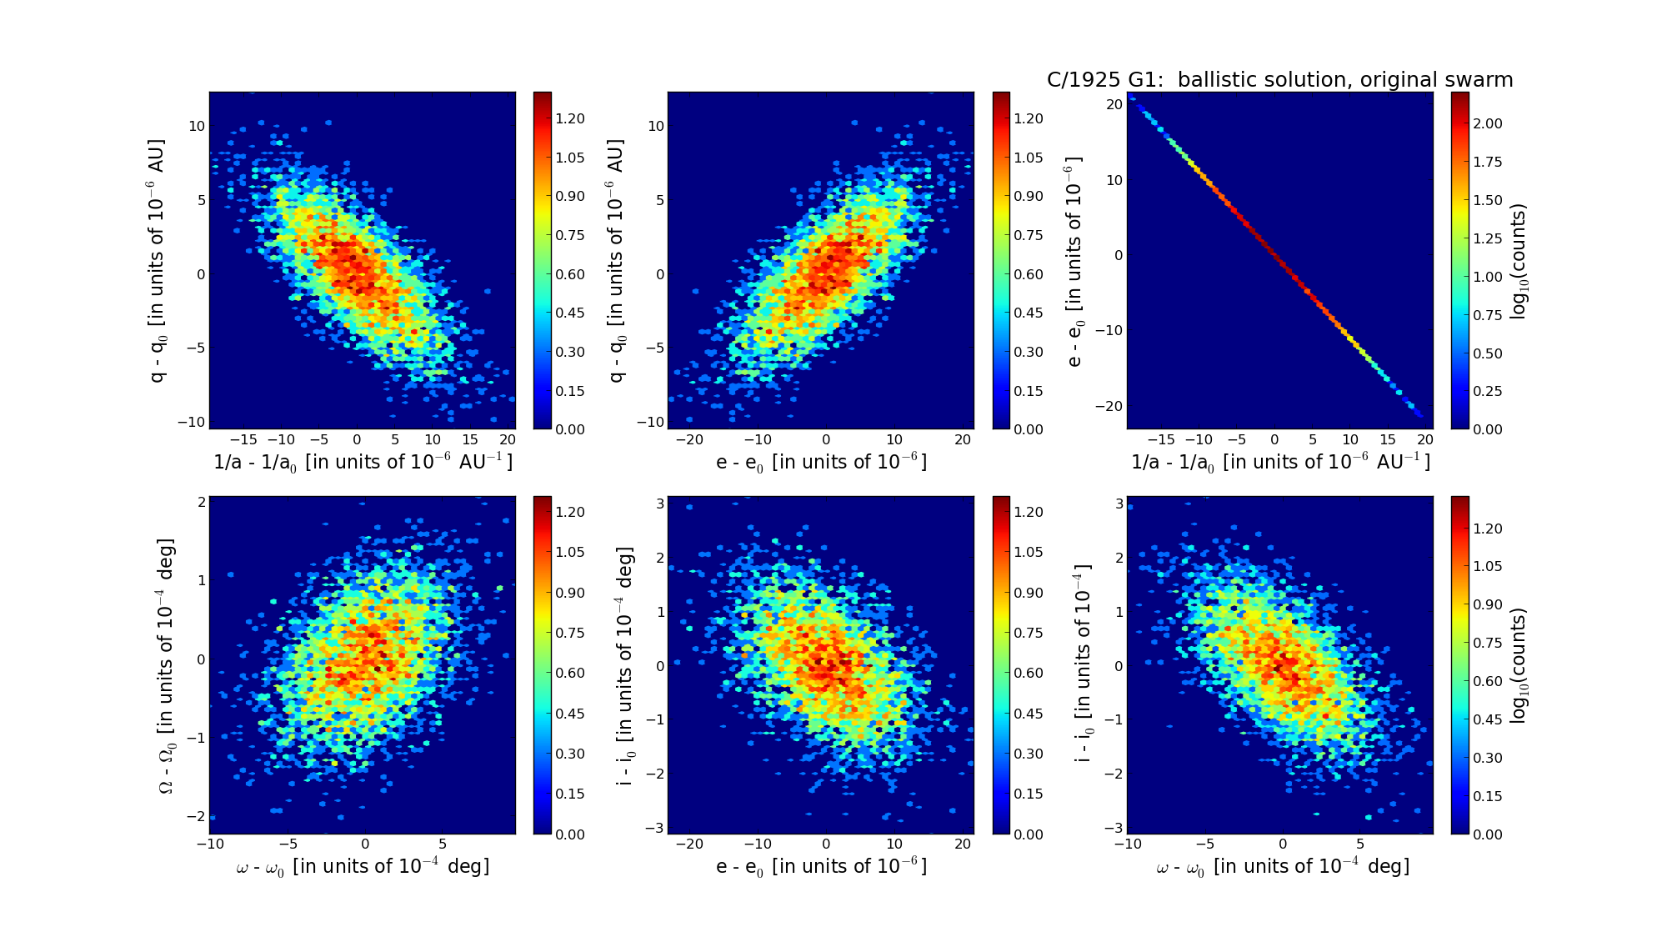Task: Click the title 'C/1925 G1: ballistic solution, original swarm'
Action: [x=1279, y=80]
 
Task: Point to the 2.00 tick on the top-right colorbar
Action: [x=1488, y=123]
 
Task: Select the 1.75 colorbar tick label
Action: [x=1488, y=162]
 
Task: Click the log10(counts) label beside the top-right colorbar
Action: [x=1519, y=261]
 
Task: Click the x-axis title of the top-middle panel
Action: [x=821, y=462]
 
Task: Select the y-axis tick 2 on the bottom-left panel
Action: [x=201, y=502]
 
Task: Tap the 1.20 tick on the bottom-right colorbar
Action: [x=1488, y=529]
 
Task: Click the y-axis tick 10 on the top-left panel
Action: [x=197, y=126]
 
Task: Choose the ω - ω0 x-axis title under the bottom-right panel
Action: [x=1283, y=867]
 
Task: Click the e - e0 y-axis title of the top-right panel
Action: [x=1074, y=261]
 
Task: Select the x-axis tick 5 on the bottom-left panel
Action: [x=443, y=844]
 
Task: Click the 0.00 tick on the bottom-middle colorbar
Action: [x=1029, y=834]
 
